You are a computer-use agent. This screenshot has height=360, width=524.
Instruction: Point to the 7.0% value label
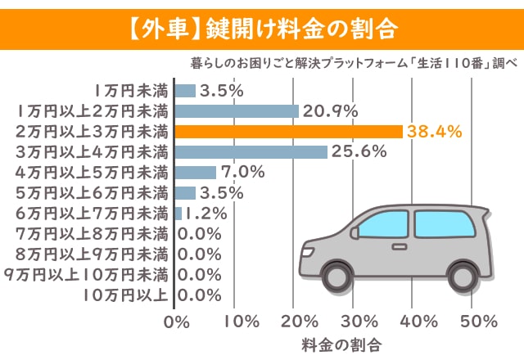[243, 173]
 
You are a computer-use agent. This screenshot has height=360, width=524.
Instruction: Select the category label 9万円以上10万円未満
[87, 275]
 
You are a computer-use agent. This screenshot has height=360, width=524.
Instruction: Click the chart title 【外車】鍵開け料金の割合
[261, 29]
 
